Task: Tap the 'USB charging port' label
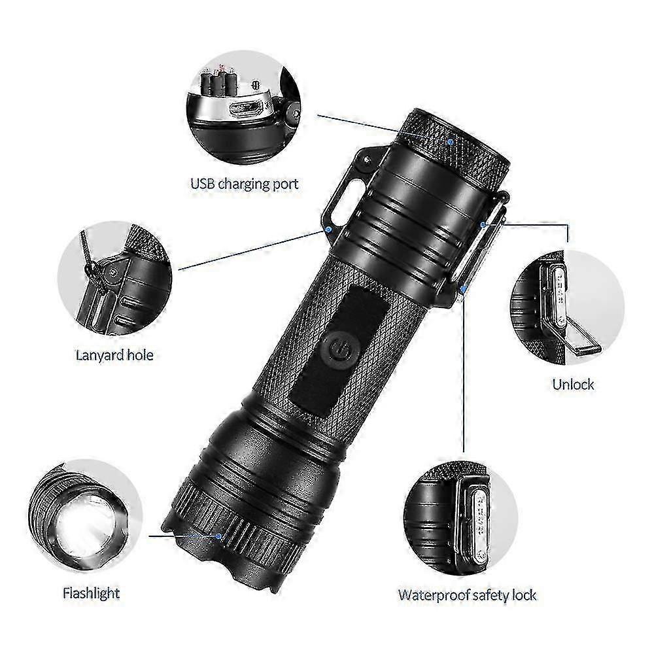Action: [x=244, y=184]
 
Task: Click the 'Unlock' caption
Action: [x=573, y=384]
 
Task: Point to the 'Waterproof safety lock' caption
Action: [x=467, y=594]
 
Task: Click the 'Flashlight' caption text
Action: [x=91, y=594]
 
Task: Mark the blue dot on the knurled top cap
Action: [x=451, y=140]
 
